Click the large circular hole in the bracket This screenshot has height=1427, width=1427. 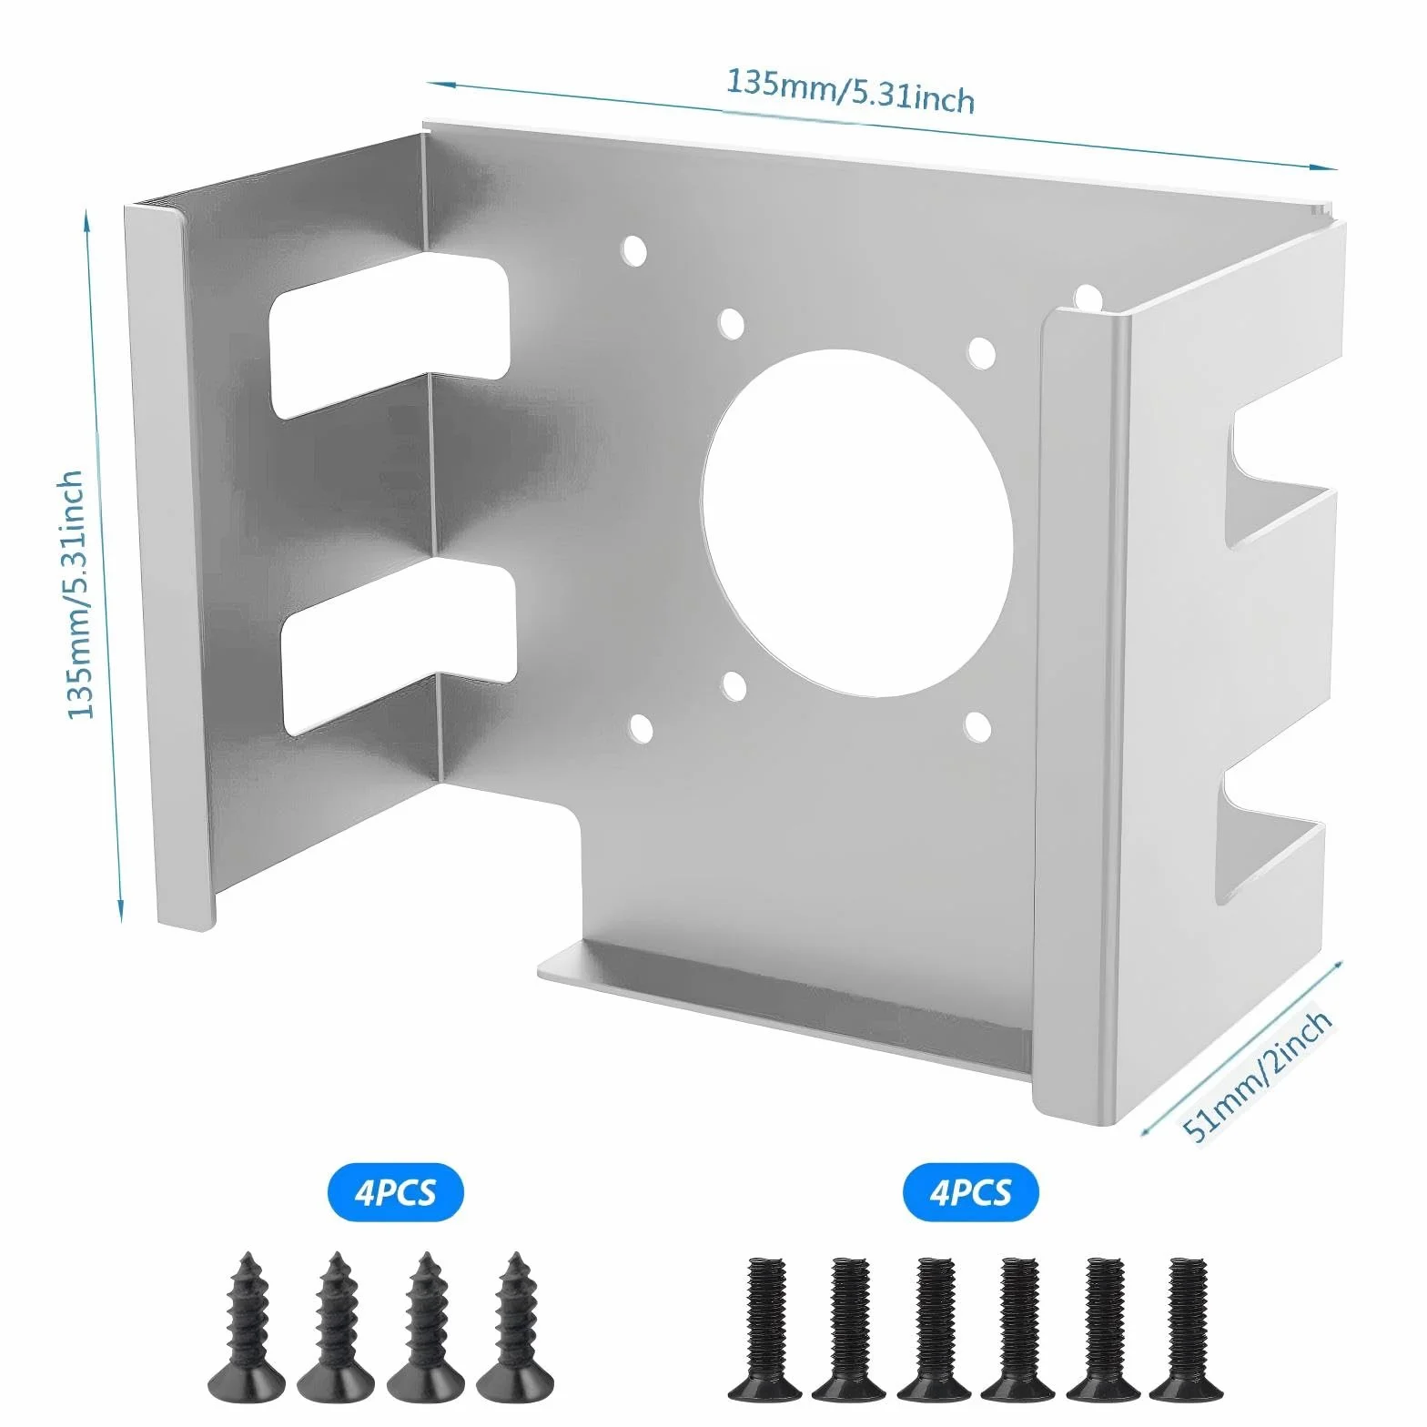tap(857, 523)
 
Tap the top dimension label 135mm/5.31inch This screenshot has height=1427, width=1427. tap(850, 90)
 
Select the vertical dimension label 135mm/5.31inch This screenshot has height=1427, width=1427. tap(76, 594)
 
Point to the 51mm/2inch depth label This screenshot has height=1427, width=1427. tap(1257, 1075)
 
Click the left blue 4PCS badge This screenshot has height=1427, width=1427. tap(395, 1191)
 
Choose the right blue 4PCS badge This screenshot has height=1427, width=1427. tap(970, 1191)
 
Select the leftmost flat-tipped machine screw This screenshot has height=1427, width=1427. tap(765, 1328)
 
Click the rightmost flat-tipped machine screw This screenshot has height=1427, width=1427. tap(1187, 1328)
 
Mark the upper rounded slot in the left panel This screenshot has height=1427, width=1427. tap(390, 336)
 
